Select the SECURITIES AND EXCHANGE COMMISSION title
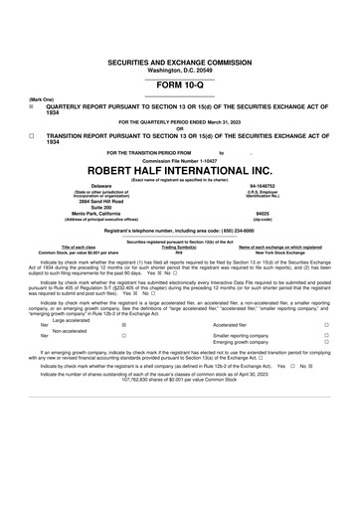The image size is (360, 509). click(x=179, y=63)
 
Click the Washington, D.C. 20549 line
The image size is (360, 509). click(x=179, y=71)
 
